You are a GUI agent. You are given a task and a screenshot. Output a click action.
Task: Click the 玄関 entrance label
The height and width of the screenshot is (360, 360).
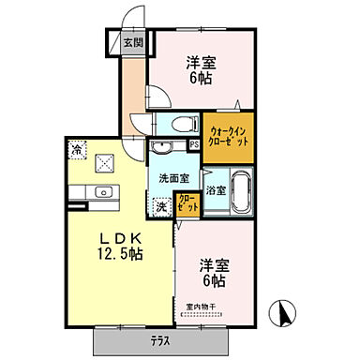(132, 42)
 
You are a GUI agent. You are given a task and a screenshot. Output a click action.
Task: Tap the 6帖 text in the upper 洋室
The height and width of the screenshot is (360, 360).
(198, 80)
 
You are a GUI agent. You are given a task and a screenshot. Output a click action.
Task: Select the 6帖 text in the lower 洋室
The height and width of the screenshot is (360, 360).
(212, 280)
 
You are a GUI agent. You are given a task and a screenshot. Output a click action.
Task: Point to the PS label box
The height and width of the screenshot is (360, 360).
(193, 144)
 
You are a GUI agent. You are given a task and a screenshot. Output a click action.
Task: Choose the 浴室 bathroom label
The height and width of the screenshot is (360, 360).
(216, 190)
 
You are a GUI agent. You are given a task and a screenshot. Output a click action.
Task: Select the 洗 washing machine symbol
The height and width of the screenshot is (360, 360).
(161, 206)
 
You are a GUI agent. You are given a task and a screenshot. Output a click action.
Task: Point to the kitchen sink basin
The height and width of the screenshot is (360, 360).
(103, 193)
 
